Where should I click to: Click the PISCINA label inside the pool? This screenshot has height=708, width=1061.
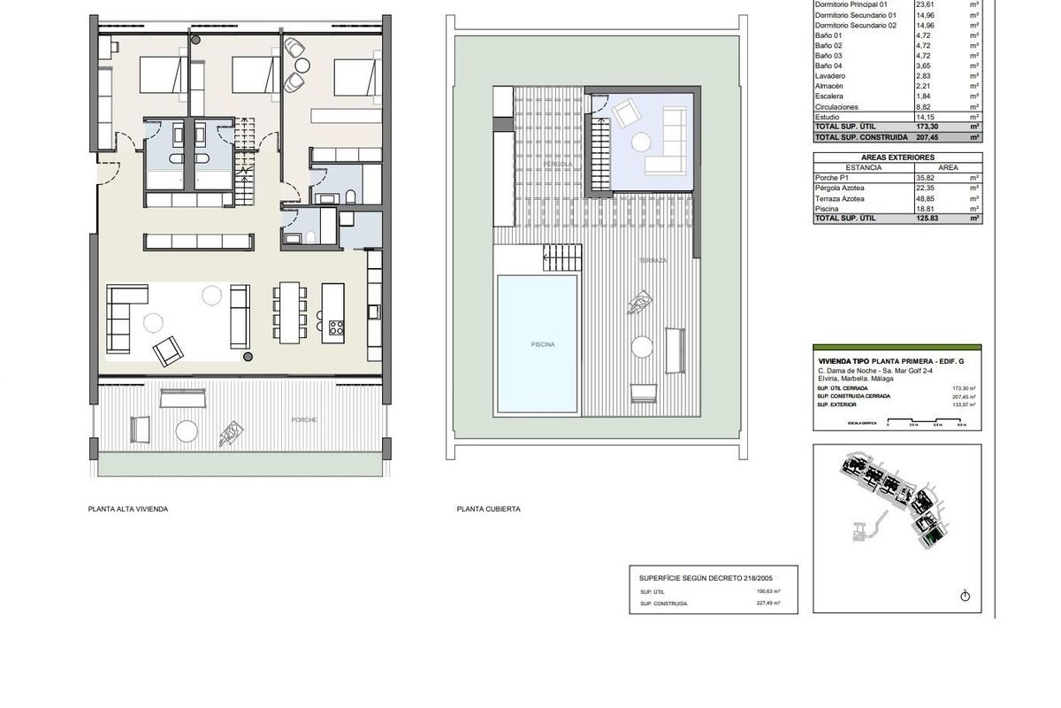pos(542,344)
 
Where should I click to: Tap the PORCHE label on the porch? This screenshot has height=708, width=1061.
pos(302,419)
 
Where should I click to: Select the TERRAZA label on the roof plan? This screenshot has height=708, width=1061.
pos(653,261)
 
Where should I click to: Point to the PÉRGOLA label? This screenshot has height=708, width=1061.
pos(558,165)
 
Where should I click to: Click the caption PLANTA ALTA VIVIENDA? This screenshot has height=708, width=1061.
pos(127,509)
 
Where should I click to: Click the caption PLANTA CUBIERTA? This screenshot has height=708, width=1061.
pos(488,509)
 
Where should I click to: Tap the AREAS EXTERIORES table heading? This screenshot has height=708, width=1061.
pos(897,157)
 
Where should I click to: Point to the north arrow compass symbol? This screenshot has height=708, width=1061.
pos(965,595)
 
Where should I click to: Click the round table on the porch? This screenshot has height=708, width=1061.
pos(187,431)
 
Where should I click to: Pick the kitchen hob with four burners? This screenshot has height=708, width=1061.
pos(336,327)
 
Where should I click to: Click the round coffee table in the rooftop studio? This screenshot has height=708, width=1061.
pos(640,141)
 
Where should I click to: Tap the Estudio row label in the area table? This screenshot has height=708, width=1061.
pos(828,117)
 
